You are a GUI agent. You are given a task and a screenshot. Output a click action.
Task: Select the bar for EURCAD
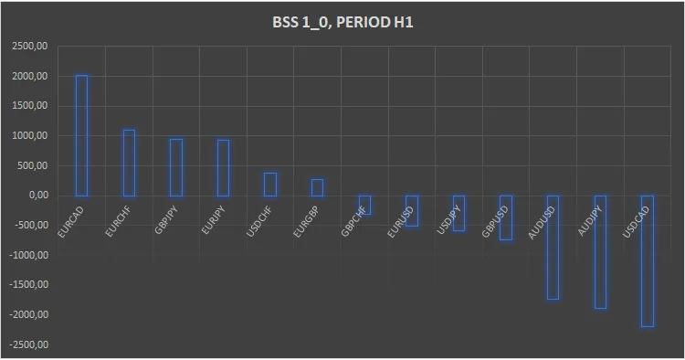81,135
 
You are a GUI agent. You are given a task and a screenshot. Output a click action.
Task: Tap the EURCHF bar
129,163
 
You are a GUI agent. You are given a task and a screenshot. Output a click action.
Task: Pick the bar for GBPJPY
176,167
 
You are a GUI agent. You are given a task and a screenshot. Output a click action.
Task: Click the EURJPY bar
223,168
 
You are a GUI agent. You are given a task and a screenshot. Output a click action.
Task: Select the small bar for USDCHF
270,185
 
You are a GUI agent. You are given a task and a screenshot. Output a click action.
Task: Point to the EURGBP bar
317,187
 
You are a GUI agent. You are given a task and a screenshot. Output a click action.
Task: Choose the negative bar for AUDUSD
553,247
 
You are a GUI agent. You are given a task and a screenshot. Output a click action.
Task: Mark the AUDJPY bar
600,251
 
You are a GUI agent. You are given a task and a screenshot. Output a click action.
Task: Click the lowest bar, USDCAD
647,260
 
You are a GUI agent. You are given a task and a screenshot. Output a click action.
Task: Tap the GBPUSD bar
506,217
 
